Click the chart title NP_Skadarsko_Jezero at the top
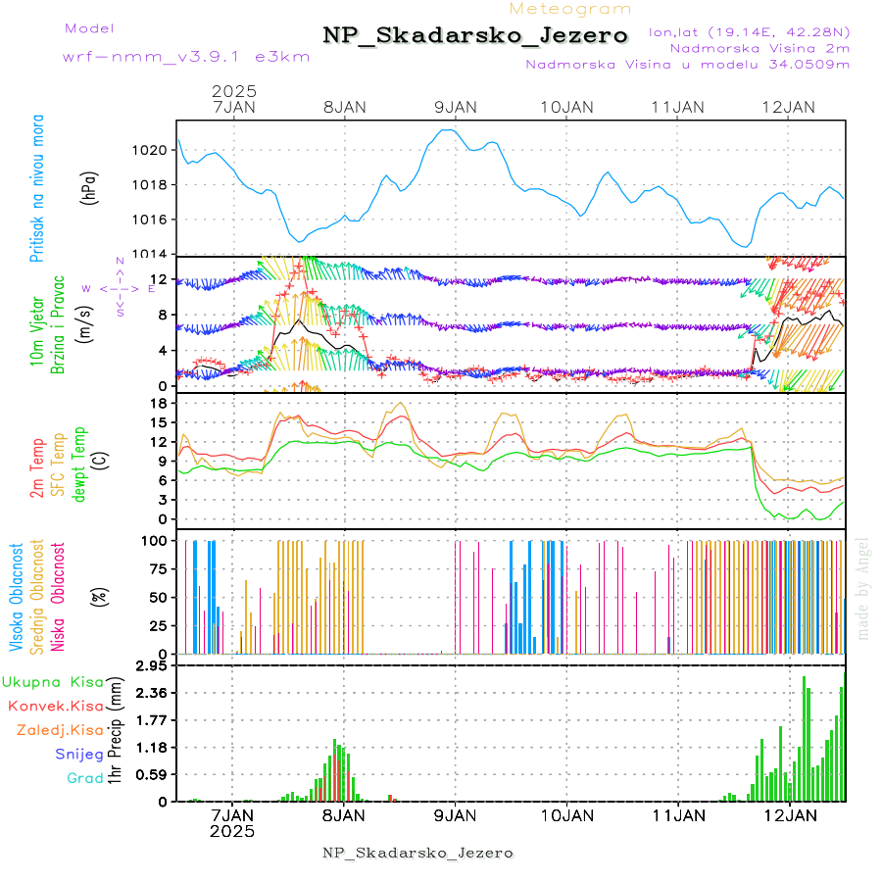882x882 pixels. (475, 36)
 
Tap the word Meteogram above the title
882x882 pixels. (570, 9)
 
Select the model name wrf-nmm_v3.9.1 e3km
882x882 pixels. (186, 57)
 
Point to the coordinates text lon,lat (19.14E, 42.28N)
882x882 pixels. (749, 31)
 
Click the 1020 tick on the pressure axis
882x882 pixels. (153, 150)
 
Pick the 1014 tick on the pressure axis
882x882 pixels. (153, 254)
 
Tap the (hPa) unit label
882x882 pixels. (90, 186)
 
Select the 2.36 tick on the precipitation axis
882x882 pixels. (152, 693)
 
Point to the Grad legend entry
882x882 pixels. (85, 778)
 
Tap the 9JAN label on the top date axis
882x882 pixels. (455, 107)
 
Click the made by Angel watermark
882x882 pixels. (863, 588)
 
